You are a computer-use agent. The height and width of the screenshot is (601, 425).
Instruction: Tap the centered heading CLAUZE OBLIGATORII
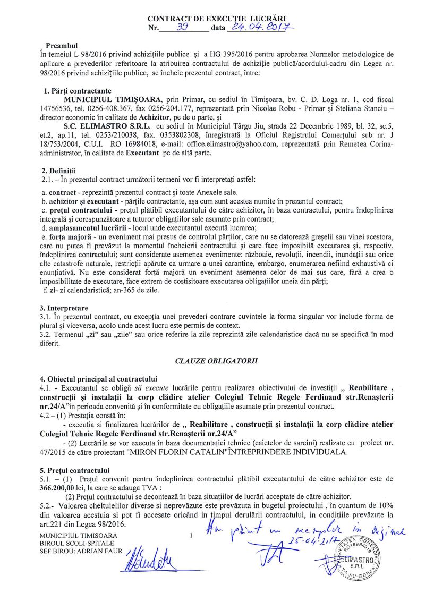(x=216, y=361)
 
